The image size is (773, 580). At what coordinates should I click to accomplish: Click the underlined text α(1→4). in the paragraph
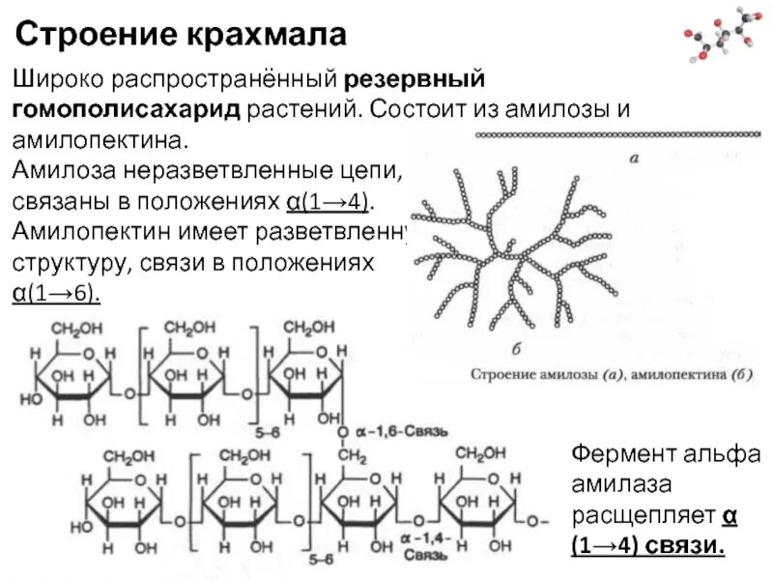click(329, 202)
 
